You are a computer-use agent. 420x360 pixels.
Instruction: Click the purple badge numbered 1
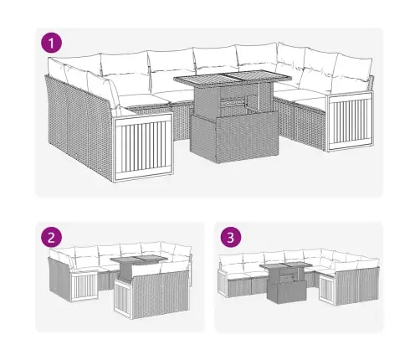(53, 43)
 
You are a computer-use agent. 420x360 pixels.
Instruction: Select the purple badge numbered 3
(230, 237)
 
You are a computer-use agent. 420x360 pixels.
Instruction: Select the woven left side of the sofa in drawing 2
(59, 280)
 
